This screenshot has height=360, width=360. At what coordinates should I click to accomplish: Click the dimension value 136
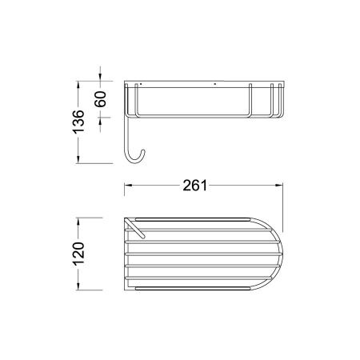78,122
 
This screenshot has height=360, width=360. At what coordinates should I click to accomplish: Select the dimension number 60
101,99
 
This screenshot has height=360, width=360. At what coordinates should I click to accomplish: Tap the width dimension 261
195,186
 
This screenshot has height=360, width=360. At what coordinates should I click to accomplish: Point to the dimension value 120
78,254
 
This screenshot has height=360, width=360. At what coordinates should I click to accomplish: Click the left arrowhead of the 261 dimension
128,185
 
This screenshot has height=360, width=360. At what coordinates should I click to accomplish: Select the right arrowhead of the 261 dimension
279,185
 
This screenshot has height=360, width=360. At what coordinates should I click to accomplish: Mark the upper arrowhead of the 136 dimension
78,85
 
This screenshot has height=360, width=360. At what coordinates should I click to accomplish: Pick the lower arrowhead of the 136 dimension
78,159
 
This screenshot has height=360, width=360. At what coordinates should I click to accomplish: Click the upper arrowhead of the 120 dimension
78,222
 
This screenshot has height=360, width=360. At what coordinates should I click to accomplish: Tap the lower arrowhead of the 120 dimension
78,286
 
